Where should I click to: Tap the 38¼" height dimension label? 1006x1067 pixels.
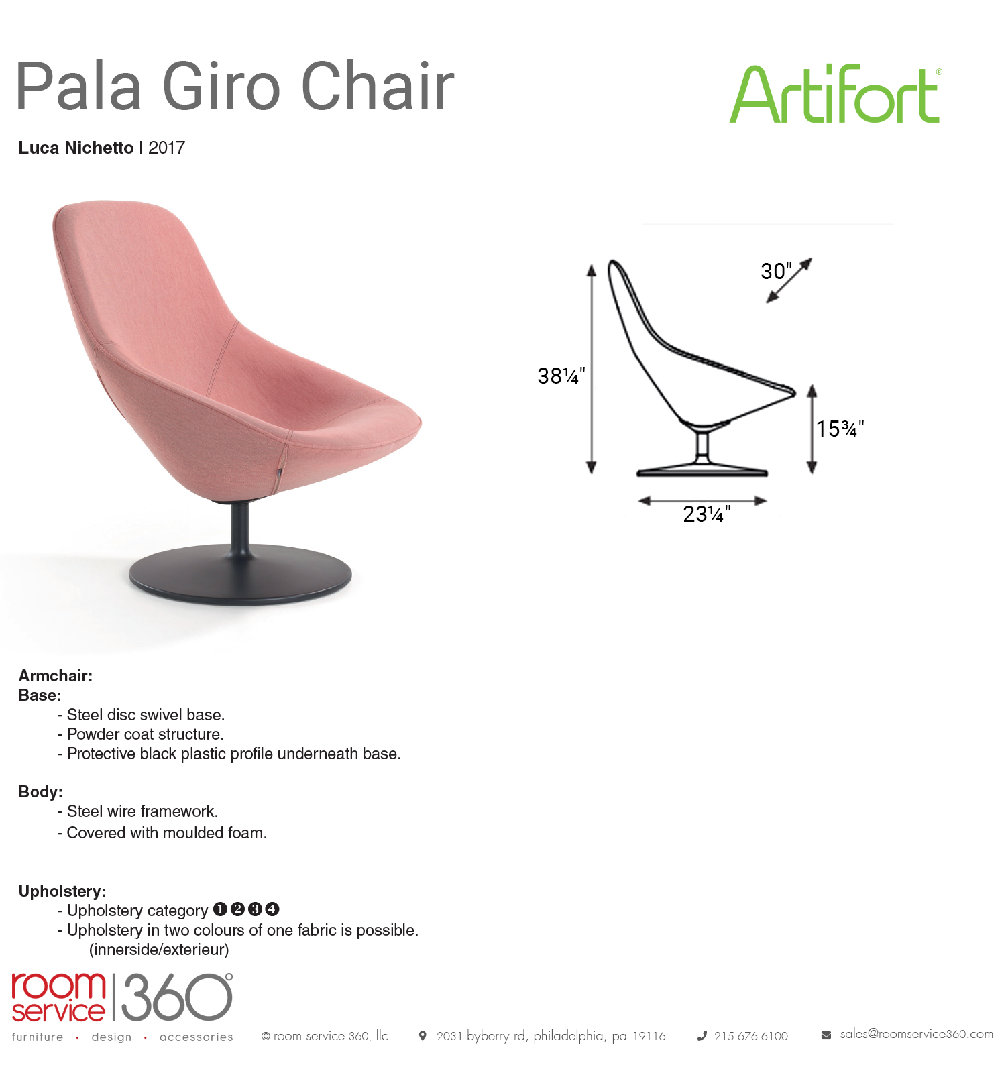pos(561,376)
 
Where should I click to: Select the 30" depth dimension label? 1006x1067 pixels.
pos(776,271)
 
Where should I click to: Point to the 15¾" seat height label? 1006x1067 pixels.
pos(840,429)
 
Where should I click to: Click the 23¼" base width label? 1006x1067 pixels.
pos(707,514)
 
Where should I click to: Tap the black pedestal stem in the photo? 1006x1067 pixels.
pos(239,530)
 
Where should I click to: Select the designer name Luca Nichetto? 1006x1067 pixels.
pos(76,148)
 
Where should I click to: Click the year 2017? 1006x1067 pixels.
pos(166,148)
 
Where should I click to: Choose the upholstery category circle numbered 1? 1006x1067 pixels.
pos(220,909)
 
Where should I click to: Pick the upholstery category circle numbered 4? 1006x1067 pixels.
pos(272,909)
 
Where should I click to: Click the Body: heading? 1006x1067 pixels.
pos(40,792)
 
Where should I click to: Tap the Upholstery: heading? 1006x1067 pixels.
pos(62,891)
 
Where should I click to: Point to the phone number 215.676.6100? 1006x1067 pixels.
pos(751,1036)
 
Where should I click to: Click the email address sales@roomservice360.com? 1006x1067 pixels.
pos(917,1034)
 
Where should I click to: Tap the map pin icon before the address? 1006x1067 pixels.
pos(423,1036)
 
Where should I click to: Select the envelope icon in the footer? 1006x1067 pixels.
pos(826,1035)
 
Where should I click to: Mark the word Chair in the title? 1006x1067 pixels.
pos(378,87)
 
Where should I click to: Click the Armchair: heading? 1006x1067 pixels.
pos(56,676)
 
